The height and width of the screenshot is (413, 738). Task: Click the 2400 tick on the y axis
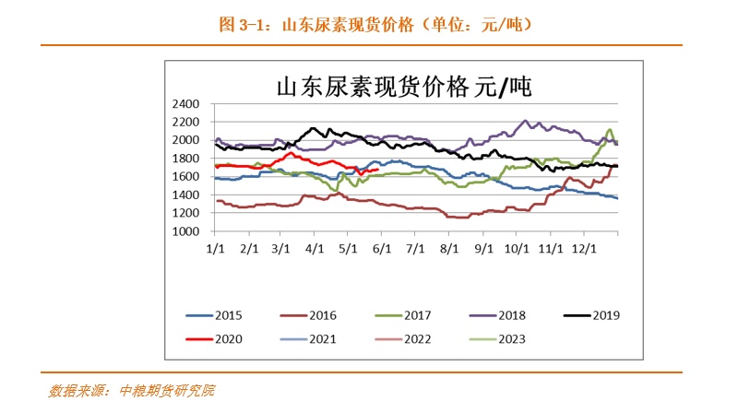point(187,103)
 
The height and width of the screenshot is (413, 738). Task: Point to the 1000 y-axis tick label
point(187,231)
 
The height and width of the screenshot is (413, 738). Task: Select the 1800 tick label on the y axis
point(187,159)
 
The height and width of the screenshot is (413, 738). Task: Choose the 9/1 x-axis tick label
point(482,248)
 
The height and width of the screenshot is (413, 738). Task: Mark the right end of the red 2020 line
point(378,169)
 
